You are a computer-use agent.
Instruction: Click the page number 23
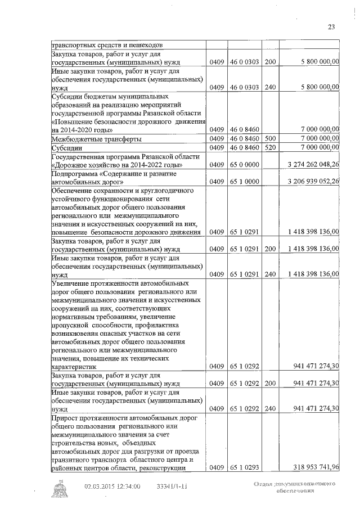coord(331,26)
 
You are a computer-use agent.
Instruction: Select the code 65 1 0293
coord(244,467)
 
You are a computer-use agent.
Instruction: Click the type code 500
coord(269,138)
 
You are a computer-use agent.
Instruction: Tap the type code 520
coord(269,147)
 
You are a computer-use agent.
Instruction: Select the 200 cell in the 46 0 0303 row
coord(269,61)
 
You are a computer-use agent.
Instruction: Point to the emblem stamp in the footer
coord(58,490)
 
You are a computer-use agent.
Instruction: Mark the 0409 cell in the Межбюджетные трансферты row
coord(217,138)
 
